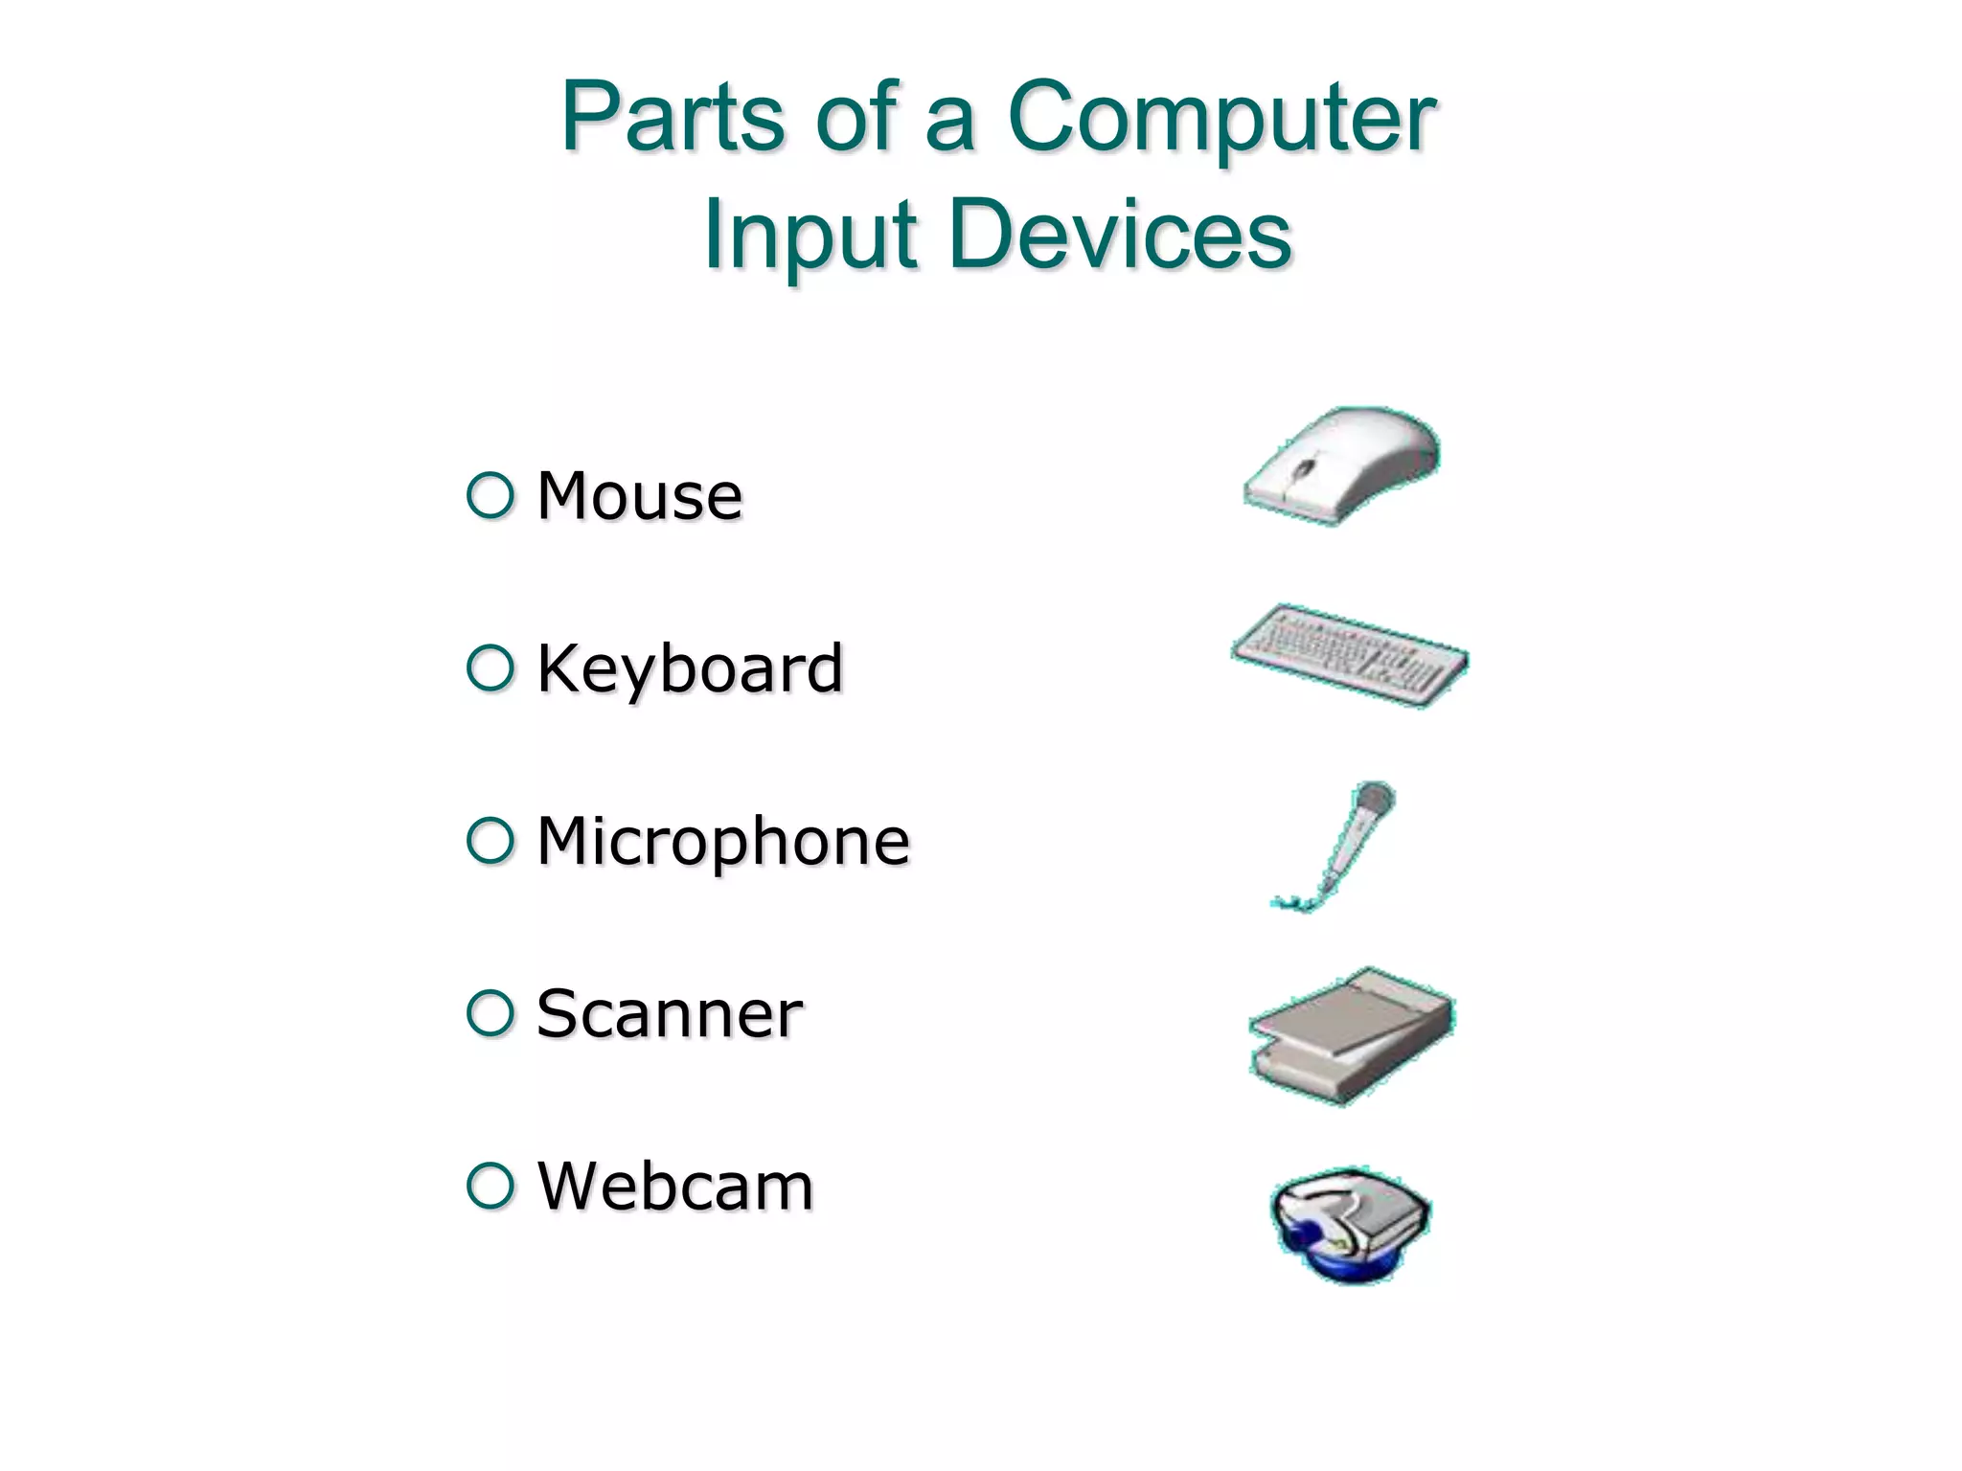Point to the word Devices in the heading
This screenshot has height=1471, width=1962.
pos(1121,236)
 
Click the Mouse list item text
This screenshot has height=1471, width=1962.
pos(639,496)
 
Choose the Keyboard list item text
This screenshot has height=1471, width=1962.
pos(690,668)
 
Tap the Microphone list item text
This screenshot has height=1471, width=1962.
pos(723,841)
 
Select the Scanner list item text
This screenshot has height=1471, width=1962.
pos(669,1013)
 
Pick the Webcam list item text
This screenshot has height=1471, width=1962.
pos(675,1186)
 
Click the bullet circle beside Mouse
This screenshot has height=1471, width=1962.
pos(490,495)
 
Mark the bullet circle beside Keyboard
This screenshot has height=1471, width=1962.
pos(490,668)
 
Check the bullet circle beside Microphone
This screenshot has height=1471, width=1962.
pos(490,840)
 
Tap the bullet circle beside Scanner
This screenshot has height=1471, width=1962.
pos(490,1012)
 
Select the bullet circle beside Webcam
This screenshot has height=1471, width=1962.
pos(490,1185)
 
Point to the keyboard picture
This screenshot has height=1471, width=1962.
pos(1349,656)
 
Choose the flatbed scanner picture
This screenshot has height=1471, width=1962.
pos(1352,1036)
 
